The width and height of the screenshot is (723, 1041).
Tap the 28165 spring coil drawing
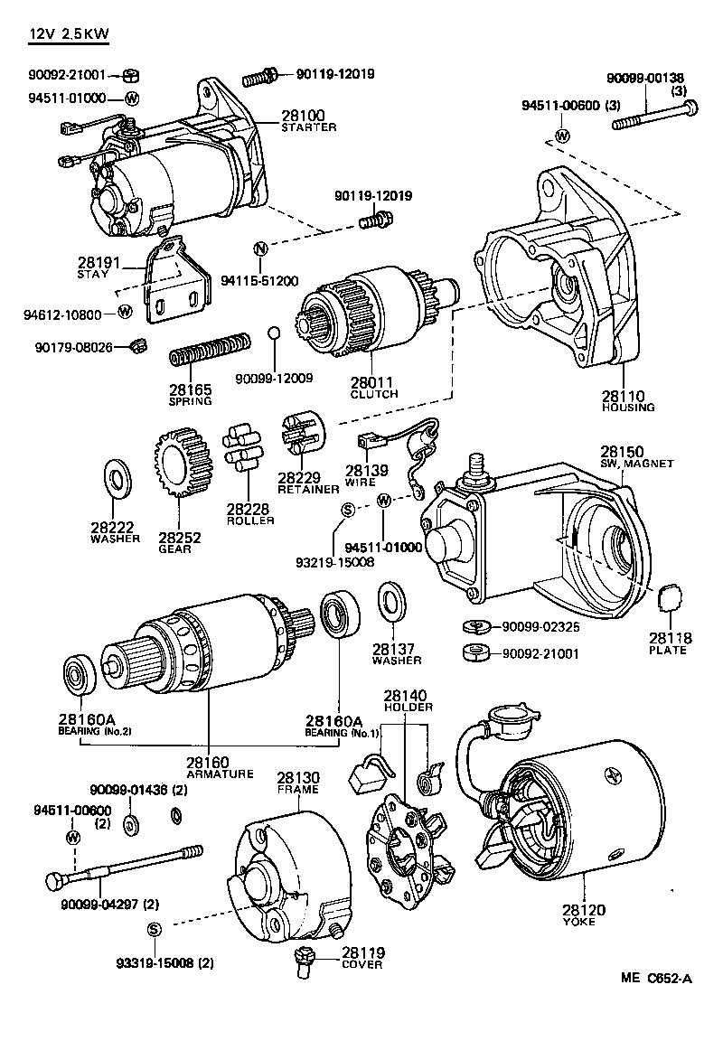coord(211,349)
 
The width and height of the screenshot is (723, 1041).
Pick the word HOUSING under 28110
coord(628,408)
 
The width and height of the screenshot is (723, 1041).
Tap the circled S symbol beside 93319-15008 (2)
coord(153,930)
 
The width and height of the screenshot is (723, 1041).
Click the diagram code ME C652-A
coord(656,979)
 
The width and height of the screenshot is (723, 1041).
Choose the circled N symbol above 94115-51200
coord(260,249)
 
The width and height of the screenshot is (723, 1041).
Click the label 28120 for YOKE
coord(583,910)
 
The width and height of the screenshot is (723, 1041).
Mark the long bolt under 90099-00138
coord(655,116)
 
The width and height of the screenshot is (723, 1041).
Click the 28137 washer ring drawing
coord(391,601)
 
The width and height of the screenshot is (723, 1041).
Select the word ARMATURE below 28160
coord(221,774)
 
